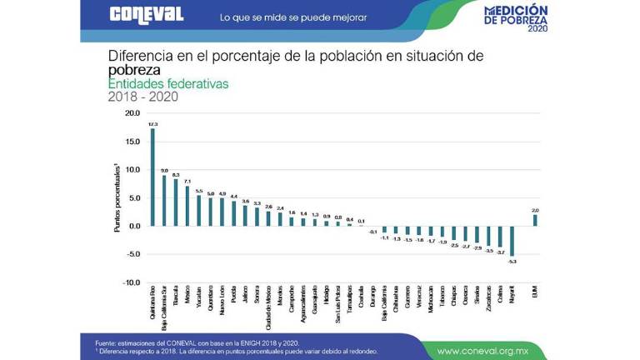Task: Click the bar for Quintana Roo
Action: (x=152, y=177)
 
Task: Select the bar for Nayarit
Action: (x=512, y=241)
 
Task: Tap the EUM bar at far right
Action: (x=535, y=220)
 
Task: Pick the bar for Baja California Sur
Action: (x=164, y=200)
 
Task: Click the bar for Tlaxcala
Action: (x=176, y=202)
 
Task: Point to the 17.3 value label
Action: (x=152, y=124)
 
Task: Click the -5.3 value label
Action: (x=512, y=261)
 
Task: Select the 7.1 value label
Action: (x=187, y=181)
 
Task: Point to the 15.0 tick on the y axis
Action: (x=132, y=141)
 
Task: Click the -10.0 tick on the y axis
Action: (x=132, y=282)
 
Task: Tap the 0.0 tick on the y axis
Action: (x=134, y=226)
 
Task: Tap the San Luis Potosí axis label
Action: (x=338, y=304)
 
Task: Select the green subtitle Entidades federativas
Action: (x=167, y=84)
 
